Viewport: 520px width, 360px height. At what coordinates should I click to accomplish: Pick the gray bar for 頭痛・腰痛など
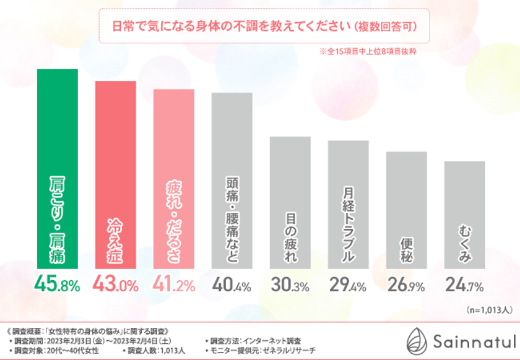pos(232,182)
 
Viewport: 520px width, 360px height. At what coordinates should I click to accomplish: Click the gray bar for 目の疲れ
pos(290,204)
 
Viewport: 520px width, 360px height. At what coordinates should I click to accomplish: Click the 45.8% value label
pos(57,285)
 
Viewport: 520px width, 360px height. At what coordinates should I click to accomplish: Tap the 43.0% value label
pos(115,285)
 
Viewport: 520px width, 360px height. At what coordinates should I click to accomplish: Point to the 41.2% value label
pos(174,285)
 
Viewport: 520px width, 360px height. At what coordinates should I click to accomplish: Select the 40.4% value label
pos(232,285)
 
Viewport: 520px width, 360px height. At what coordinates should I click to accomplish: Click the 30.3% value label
pos(290,285)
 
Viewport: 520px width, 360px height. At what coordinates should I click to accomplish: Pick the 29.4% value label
pos(349,285)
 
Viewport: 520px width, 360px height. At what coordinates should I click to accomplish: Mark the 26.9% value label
pos(407,285)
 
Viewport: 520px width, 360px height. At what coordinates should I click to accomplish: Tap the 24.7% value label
pos(465,285)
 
